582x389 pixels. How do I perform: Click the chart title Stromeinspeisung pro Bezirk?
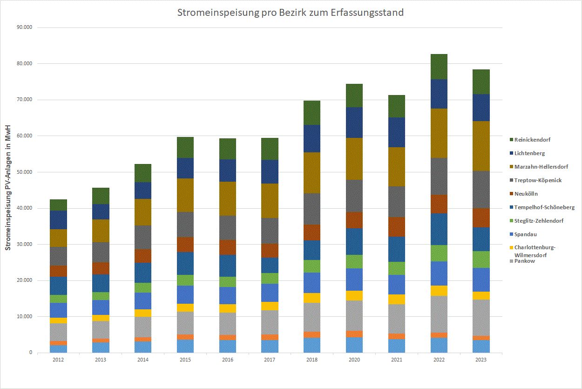(x=290, y=13)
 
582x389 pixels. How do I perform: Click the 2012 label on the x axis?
(x=59, y=360)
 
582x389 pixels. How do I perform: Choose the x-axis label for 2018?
(x=311, y=360)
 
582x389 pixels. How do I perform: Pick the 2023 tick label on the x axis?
(x=480, y=360)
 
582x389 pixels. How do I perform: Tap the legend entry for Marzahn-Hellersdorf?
(x=541, y=167)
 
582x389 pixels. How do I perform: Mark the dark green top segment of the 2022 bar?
(x=439, y=67)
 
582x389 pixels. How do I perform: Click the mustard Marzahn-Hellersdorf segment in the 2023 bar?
(x=481, y=146)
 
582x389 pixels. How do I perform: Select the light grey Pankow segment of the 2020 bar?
(x=354, y=315)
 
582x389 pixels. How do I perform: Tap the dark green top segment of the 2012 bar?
(x=59, y=205)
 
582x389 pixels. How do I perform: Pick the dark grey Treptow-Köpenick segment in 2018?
(x=311, y=209)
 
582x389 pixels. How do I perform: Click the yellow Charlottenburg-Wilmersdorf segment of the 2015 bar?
(x=185, y=307)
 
